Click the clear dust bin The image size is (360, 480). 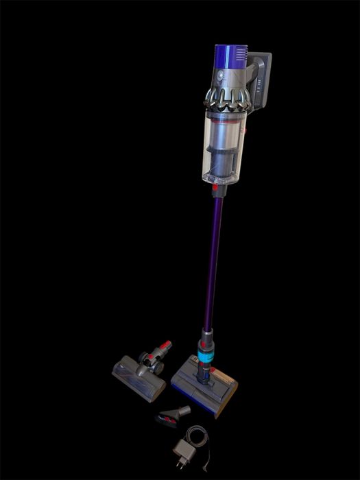coord(224,147)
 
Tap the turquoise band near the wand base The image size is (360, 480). coord(206,357)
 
